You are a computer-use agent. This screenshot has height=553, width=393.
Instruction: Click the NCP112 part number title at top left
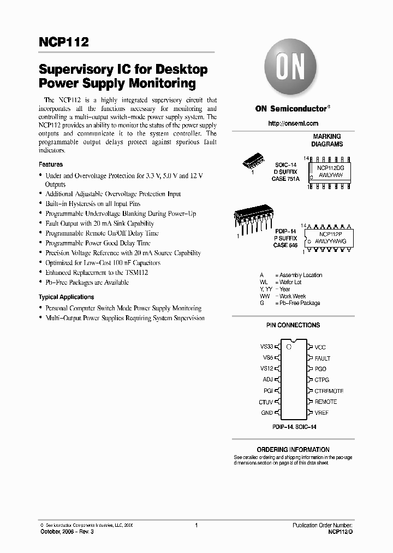pyautogui.click(x=63, y=43)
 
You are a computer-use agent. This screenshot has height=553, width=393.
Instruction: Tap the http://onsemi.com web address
pyautogui.click(x=293, y=123)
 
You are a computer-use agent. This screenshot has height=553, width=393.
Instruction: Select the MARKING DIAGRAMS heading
pyautogui.click(x=327, y=140)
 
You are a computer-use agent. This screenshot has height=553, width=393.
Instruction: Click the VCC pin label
pyautogui.click(x=320, y=347)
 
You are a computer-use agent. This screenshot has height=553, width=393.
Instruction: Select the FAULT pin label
pyautogui.click(x=323, y=358)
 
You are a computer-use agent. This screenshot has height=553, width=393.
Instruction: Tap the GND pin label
pyautogui.click(x=266, y=413)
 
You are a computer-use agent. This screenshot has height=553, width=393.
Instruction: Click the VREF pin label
pyautogui.click(x=322, y=413)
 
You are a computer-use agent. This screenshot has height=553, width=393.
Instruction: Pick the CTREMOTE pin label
pyautogui.click(x=329, y=391)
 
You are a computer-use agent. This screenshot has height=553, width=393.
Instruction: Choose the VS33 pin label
pyautogui.click(x=266, y=347)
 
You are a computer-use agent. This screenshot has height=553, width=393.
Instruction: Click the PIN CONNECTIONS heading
pyautogui.click(x=293, y=325)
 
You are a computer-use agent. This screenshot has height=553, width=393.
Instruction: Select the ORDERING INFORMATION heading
pyautogui.click(x=293, y=450)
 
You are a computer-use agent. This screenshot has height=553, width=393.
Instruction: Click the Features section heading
pyautogui.click(x=51, y=164)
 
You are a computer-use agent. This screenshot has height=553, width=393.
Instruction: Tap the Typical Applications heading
pyautogui.click(x=66, y=297)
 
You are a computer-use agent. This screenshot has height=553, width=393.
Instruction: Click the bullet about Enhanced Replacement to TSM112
pyautogui.click(x=97, y=272)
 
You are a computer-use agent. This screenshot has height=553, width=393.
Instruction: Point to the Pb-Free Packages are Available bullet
pyautogui.click(x=87, y=283)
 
